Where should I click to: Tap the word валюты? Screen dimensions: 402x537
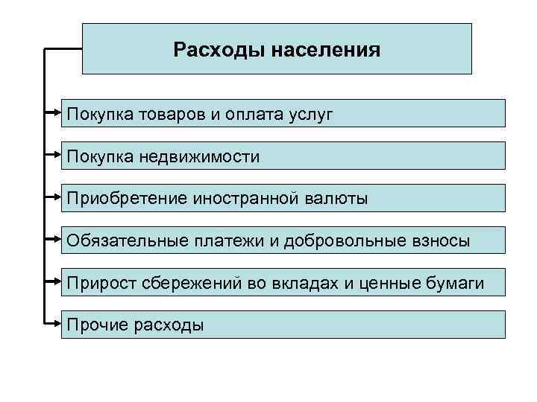pyautogui.click(x=336, y=199)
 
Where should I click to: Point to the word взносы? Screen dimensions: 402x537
pyautogui.click(x=442, y=240)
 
